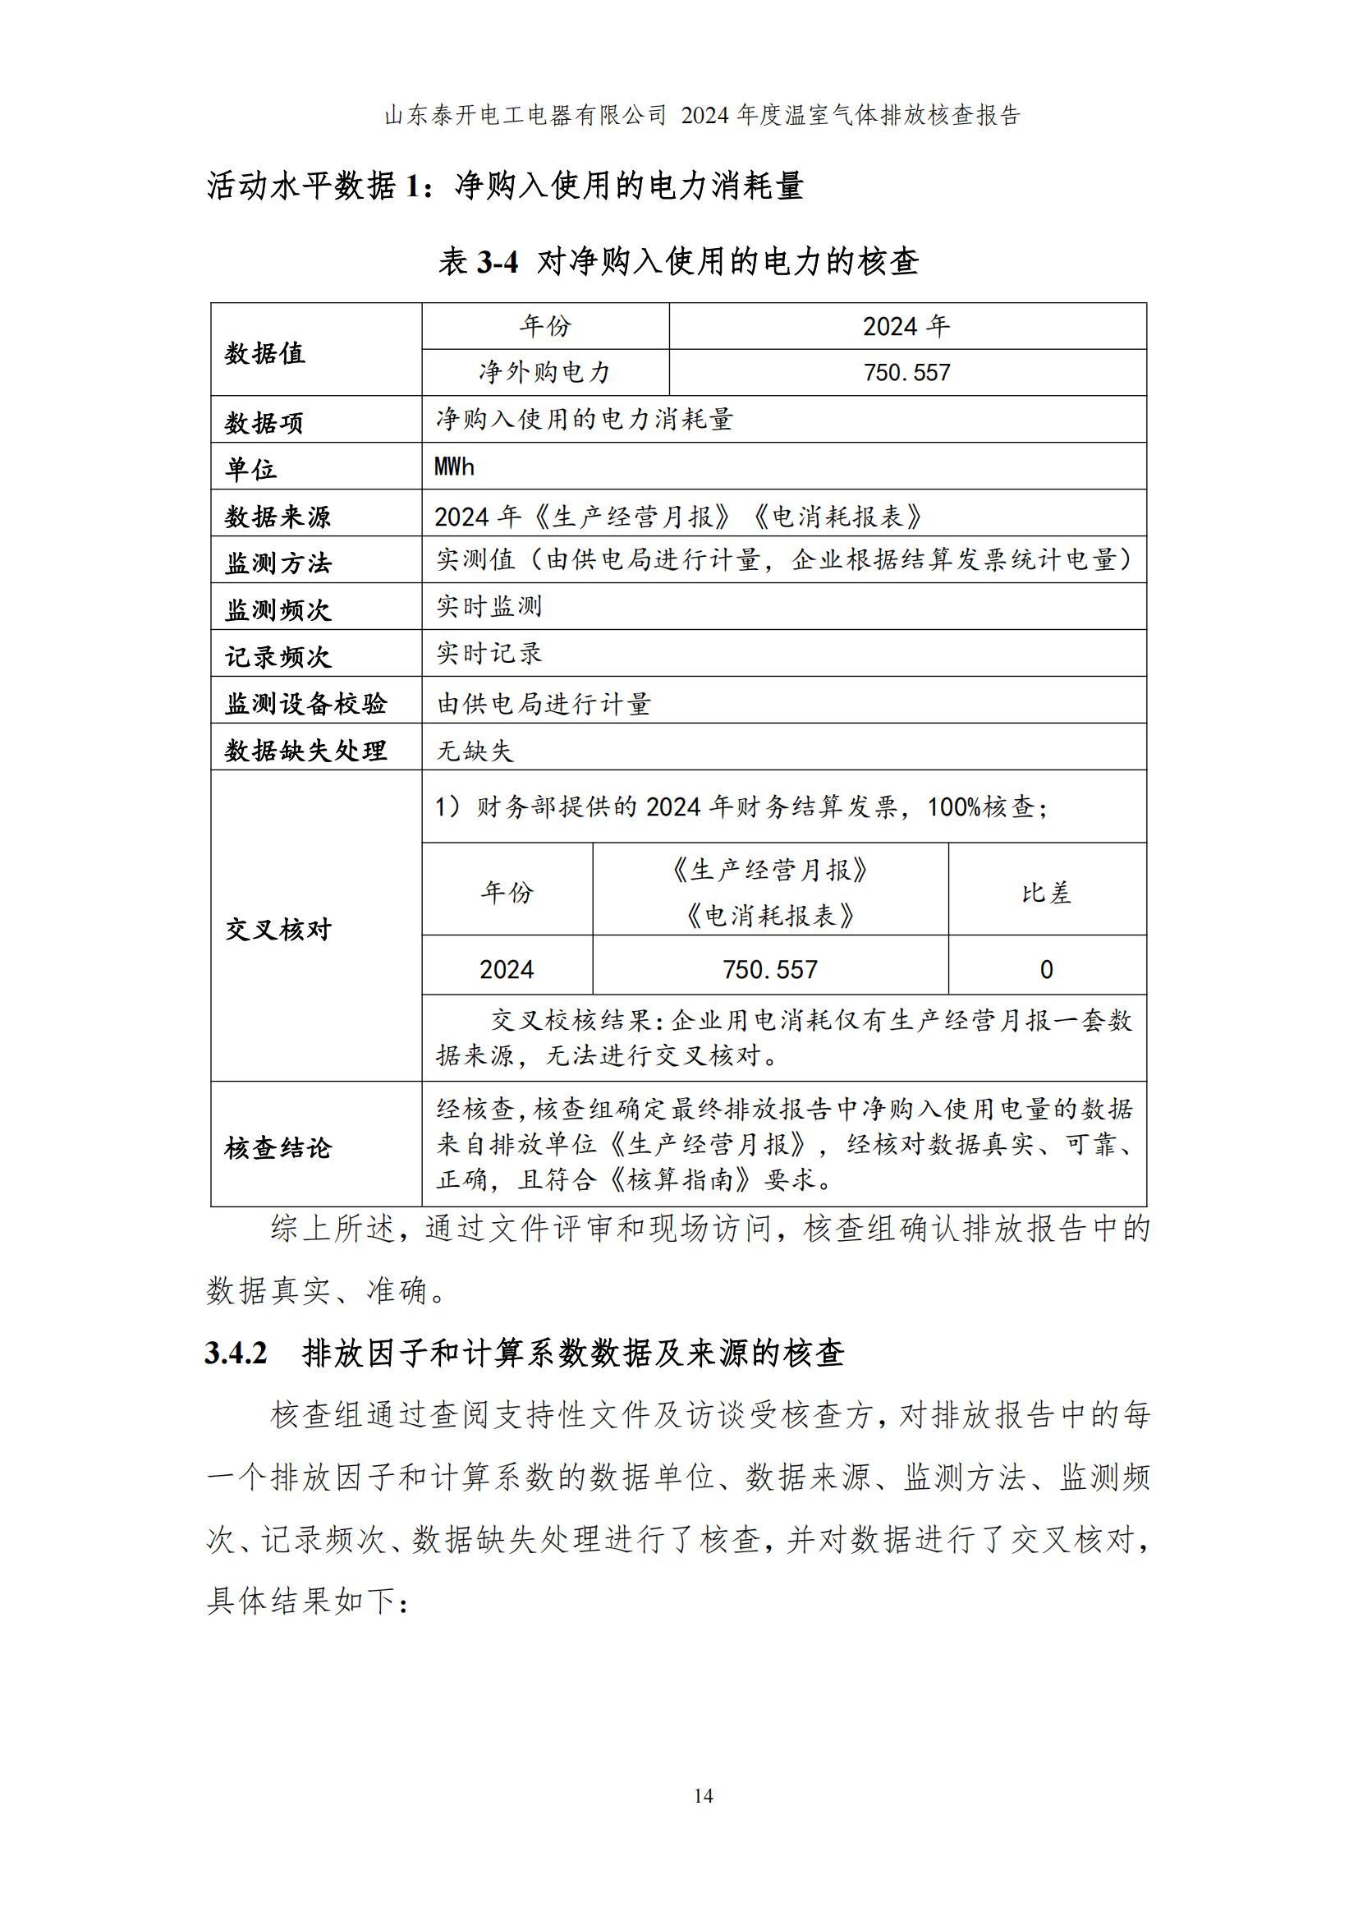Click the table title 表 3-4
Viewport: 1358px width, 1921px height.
[479, 263]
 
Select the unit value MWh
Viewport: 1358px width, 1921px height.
[454, 466]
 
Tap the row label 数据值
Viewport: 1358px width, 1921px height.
[265, 353]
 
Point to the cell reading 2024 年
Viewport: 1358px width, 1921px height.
[906, 326]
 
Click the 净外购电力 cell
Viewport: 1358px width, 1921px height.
[544, 372]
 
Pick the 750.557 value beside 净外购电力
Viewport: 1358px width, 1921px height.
[906, 372]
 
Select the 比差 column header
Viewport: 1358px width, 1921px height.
[1046, 893]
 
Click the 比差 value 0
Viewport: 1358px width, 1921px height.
[1046, 970]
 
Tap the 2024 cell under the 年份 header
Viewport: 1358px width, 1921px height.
[507, 970]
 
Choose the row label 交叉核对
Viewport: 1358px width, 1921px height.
[278, 929]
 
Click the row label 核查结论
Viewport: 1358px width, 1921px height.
[278, 1147]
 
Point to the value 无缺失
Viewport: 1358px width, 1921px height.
[474, 751]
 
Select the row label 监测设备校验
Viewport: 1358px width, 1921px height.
[305, 704]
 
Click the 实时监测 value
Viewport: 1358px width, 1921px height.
[489, 607]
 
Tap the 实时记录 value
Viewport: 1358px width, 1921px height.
[489, 654]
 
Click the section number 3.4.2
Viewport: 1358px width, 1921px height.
[236, 1353]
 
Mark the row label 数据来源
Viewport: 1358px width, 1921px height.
[278, 517]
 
